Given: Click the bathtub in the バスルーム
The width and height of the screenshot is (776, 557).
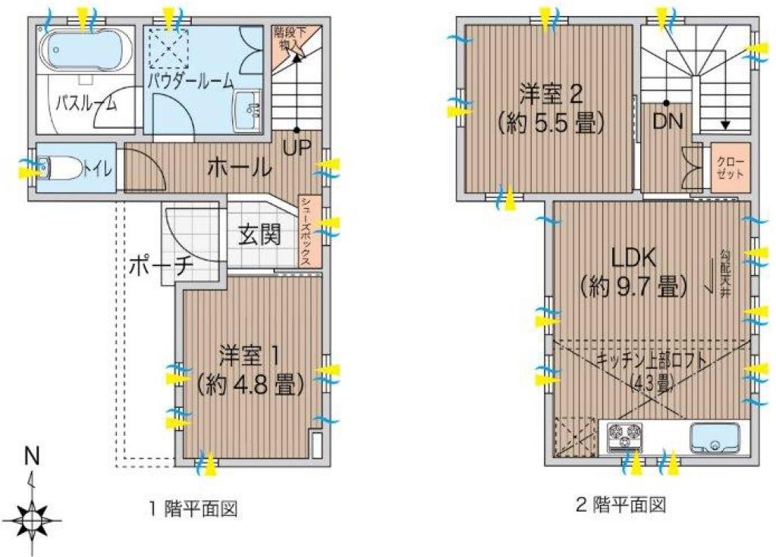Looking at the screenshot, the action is pyautogui.click(x=87, y=51).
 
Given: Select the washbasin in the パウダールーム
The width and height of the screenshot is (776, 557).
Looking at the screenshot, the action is pyautogui.click(x=247, y=110).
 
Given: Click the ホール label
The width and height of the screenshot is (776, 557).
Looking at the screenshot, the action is pyautogui.click(x=240, y=168).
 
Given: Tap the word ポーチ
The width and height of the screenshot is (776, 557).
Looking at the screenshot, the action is pyautogui.click(x=161, y=267).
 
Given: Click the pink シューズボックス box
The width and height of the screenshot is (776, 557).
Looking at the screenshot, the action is pyautogui.click(x=306, y=231).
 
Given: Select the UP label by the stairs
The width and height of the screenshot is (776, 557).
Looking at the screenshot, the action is pyautogui.click(x=297, y=147).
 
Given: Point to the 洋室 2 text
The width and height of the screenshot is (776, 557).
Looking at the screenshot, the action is pyautogui.click(x=550, y=94).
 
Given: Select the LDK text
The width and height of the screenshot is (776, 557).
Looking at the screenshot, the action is pyautogui.click(x=634, y=258).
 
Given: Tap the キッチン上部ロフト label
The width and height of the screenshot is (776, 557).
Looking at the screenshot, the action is pyautogui.click(x=652, y=360).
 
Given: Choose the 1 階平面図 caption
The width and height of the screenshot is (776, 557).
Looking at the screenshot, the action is pyautogui.click(x=194, y=508).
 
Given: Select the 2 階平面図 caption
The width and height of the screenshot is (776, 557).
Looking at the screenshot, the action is pyautogui.click(x=621, y=505).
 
